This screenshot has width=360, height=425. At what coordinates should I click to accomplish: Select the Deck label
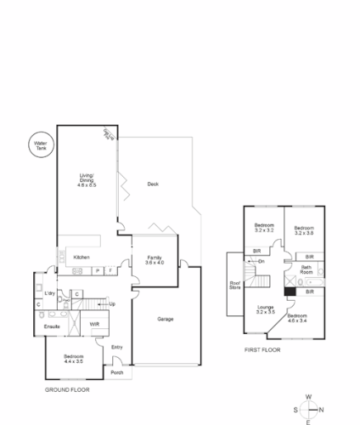(x=153, y=184)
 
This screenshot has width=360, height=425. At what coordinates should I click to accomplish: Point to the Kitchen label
(x=82, y=257)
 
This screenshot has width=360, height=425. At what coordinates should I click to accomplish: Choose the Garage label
(x=166, y=319)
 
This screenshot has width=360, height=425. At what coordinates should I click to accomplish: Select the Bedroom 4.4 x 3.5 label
(x=74, y=359)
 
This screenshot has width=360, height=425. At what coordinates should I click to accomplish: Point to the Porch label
(x=117, y=372)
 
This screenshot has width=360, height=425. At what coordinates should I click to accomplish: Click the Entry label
(x=117, y=347)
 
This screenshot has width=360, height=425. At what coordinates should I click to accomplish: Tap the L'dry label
(x=50, y=293)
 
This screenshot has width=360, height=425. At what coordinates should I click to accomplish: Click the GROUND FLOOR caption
(x=67, y=389)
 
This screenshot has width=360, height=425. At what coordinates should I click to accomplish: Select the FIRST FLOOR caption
(x=262, y=349)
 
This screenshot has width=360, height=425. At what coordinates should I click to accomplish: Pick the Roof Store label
(x=235, y=286)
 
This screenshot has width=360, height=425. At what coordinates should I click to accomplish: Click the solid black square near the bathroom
(x=290, y=291)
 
